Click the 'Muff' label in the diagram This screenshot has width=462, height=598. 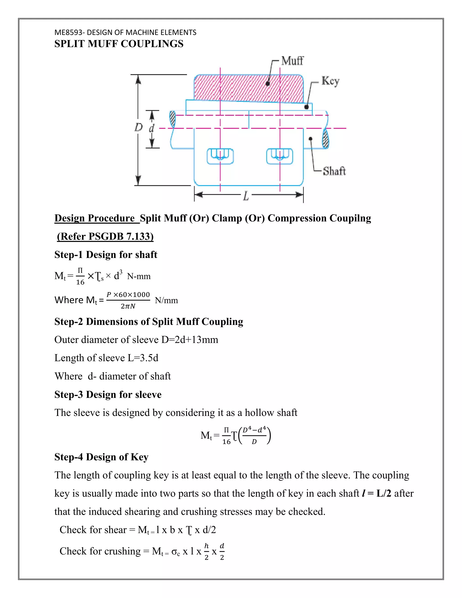click(292, 61)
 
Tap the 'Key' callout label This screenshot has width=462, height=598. click(330, 81)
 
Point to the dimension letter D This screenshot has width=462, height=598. click(139, 127)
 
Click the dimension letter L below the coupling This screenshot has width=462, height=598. click(246, 196)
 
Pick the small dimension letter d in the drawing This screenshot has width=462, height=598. click(151, 128)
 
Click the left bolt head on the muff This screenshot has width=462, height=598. click(220, 156)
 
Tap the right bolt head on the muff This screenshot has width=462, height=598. click(280, 156)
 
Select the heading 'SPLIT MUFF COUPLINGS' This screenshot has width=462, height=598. click(119, 44)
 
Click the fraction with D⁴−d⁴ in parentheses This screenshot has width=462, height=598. click(254, 435)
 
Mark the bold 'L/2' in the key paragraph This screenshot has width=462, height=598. click(384, 493)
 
